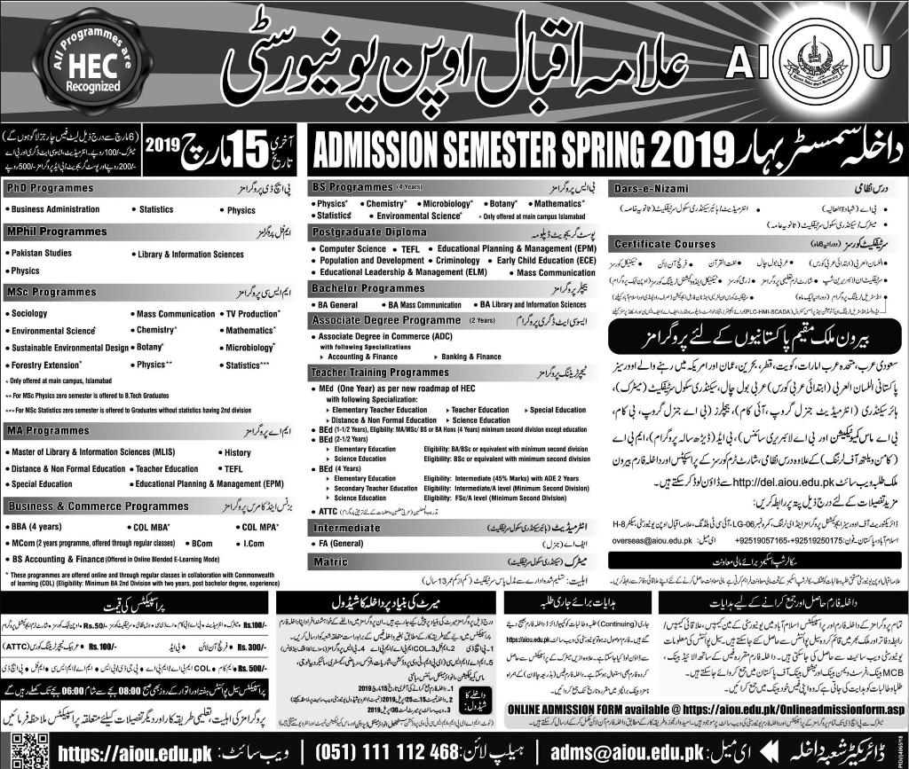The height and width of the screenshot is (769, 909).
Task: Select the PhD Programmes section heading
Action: pos(50,189)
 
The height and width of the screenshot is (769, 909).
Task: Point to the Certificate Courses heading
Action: pos(665,243)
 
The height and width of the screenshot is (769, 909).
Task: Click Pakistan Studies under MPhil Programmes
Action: pos(42,254)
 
